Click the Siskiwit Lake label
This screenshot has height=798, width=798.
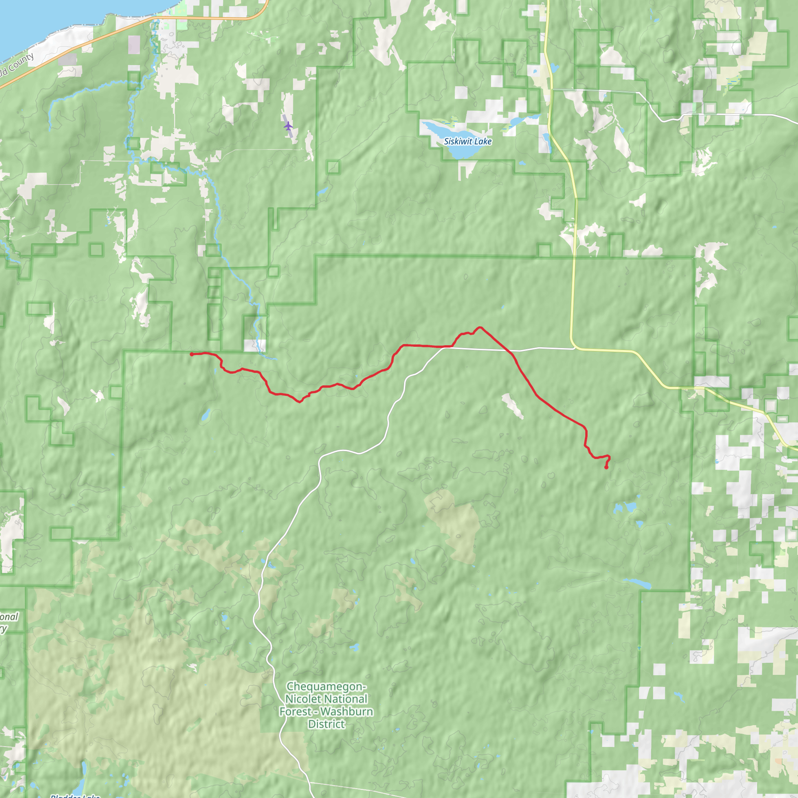coord(468,141)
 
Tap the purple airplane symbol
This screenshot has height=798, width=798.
coord(288,125)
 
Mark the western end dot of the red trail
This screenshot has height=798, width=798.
coord(192,354)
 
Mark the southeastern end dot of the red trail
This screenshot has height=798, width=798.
coord(606,467)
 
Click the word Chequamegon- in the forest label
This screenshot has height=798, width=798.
coord(326,687)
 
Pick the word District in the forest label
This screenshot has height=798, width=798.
coord(326,724)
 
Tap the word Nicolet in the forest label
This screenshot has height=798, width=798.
coord(303,699)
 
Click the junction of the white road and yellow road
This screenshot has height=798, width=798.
coord(574,348)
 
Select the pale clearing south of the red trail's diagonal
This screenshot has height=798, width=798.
coord(512,406)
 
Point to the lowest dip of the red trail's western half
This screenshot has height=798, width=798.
coord(300,401)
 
